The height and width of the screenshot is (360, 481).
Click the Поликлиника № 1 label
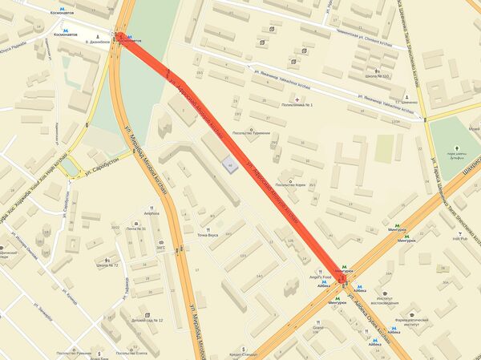[x=296, y=105]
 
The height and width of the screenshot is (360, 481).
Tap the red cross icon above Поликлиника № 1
[x=297, y=99]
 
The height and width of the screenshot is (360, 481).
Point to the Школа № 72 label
[x=107, y=265]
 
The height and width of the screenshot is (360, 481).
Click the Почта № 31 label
[x=135, y=229]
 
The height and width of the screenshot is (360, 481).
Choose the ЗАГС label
[x=160, y=249]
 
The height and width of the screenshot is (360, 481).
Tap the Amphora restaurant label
[x=152, y=213]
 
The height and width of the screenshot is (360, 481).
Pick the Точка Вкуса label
[x=208, y=234]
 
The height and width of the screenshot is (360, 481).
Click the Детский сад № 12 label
[x=147, y=321]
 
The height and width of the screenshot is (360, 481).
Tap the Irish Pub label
[x=459, y=238]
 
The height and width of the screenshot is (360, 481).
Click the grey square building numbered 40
[x=230, y=166]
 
